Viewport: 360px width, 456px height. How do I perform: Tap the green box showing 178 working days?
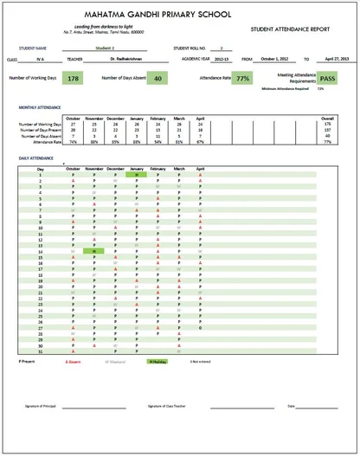74,79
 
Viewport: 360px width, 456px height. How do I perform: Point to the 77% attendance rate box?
242,79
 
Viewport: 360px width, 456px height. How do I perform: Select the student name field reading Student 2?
106,48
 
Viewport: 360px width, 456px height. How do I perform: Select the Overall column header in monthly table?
327,118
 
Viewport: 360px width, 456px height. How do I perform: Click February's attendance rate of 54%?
157,140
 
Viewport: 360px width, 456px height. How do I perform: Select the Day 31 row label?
40,351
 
